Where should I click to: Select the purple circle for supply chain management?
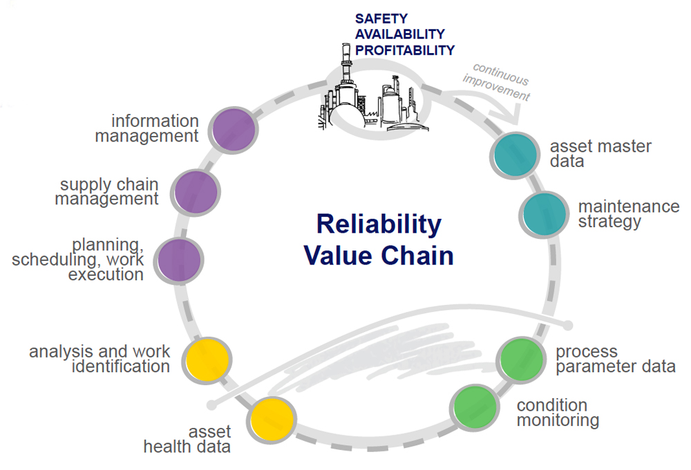(195, 190)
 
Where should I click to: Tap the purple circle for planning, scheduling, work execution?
(180, 260)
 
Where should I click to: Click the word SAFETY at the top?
(381, 19)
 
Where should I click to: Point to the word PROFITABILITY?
(405, 50)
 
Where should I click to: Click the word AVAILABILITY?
(400, 35)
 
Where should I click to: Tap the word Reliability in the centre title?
(379, 225)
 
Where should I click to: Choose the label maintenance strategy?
(629, 214)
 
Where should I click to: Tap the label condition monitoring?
(558, 412)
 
